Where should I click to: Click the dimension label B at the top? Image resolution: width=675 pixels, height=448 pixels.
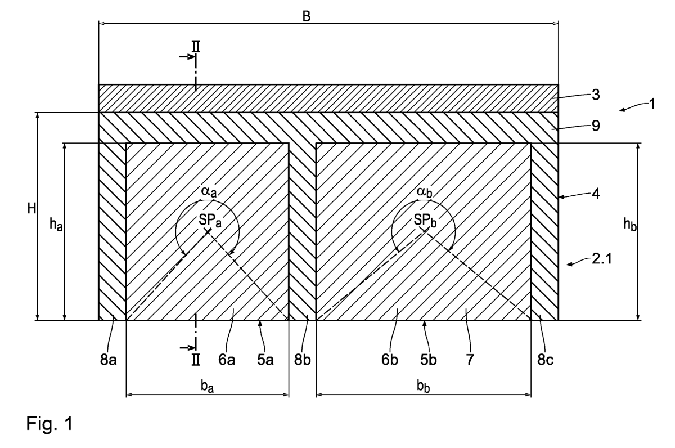click(x=306, y=16)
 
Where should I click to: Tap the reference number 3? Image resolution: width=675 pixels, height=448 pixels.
click(x=596, y=95)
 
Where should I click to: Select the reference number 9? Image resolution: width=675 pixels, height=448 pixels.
click(x=596, y=126)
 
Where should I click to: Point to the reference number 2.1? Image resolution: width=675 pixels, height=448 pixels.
click(x=602, y=259)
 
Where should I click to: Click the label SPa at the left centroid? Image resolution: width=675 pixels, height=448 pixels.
click(x=210, y=221)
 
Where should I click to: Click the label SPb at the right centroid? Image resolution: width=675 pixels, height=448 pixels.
click(x=425, y=221)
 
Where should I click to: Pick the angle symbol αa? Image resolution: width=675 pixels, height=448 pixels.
click(x=209, y=192)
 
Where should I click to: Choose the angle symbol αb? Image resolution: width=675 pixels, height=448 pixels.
click(x=424, y=192)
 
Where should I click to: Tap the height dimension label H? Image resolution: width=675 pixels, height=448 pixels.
click(x=31, y=208)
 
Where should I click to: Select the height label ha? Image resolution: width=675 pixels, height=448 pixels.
click(x=56, y=225)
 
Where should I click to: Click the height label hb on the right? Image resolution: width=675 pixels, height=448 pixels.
click(x=630, y=225)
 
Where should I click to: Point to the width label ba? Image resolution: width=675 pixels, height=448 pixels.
click(x=208, y=387)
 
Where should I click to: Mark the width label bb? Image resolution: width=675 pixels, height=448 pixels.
click(x=424, y=387)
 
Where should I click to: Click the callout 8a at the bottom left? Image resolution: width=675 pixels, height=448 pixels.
click(x=108, y=360)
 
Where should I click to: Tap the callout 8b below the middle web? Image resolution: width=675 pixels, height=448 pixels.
click(x=302, y=360)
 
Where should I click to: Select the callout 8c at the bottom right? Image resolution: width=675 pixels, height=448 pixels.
click(x=546, y=360)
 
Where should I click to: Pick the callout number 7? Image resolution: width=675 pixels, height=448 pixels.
click(x=470, y=360)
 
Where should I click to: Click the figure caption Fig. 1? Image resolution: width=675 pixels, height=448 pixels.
click(x=49, y=423)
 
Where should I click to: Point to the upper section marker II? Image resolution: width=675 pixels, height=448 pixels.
click(x=196, y=47)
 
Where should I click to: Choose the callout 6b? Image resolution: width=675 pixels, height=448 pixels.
click(x=390, y=360)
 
